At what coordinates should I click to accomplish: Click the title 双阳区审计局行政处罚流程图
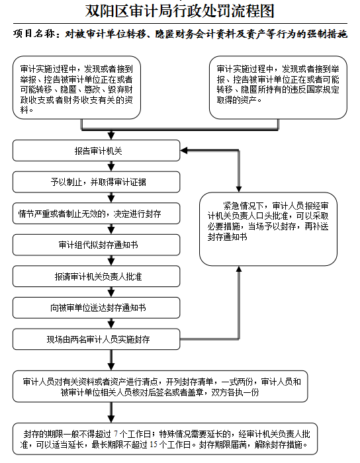(180, 11)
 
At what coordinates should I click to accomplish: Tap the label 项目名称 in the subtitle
(34, 34)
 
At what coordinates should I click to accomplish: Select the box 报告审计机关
(96, 151)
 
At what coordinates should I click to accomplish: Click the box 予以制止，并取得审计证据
(96, 182)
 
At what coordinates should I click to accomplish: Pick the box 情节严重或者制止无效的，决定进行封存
(96, 214)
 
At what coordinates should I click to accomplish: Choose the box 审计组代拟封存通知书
(96, 245)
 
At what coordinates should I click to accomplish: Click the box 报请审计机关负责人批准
(96, 276)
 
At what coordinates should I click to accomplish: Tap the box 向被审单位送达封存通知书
(96, 308)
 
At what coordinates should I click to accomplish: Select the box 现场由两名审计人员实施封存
(96, 339)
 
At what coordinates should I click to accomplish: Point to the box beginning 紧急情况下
(268, 229)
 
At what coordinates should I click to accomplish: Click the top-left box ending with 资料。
(77, 88)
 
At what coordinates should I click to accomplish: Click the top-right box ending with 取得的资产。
(278, 88)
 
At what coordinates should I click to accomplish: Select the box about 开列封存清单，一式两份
(160, 386)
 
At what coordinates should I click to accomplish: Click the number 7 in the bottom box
(116, 434)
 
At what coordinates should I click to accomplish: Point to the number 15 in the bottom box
(154, 444)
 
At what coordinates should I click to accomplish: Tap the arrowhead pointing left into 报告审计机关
(184, 151)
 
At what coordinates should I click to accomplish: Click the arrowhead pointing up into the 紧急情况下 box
(239, 269)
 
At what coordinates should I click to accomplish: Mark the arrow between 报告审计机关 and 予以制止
(111, 166)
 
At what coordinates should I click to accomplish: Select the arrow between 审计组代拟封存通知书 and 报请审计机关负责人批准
(111, 261)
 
